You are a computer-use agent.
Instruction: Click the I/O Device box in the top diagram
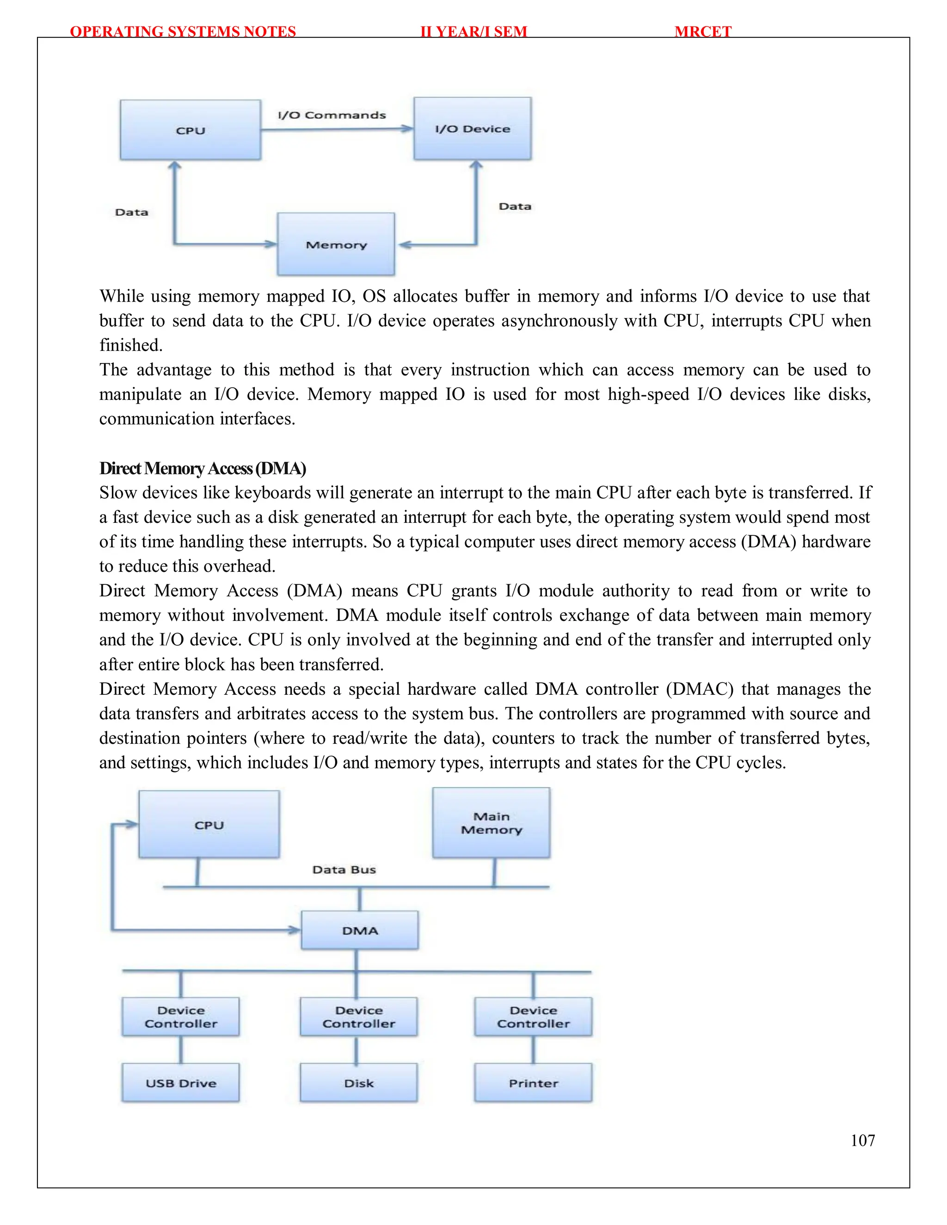pyautogui.click(x=473, y=129)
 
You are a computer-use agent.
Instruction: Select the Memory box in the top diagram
pyautogui.click(x=336, y=244)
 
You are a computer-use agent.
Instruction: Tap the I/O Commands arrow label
pyautogui.click(x=332, y=115)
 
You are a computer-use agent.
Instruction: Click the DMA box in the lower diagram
pyautogui.click(x=360, y=930)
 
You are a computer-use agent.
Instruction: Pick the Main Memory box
pyautogui.click(x=491, y=823)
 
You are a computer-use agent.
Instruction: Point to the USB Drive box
pyautogui.click(x=181, y=1083)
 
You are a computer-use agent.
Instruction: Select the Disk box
pyautogui.click(x=358, y=1083)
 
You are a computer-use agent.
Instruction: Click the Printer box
pyautogui.click(x=533, y=1083)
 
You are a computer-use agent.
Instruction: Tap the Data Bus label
pyautogui.click(x=344, y=870)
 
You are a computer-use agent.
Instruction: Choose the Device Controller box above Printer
pyautogui.click(x=533, y=1017)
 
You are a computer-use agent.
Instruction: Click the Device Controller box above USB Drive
pyautogui.click(x=181, y=1017)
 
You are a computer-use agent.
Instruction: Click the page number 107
pyautogui.click(x=862, y=1140)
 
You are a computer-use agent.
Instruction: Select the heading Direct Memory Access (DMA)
pyautogui.click(x=203, y=468)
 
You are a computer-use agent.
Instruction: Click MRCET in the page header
pyautogui.click(x=702, y=31)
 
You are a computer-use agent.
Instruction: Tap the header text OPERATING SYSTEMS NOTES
pyautogui.click(x=183, y=31)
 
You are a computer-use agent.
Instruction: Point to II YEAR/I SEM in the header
pyautogui.click(x=473, y=31)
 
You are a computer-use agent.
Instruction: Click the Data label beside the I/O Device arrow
pyautogui.click(x=515, y=207)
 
